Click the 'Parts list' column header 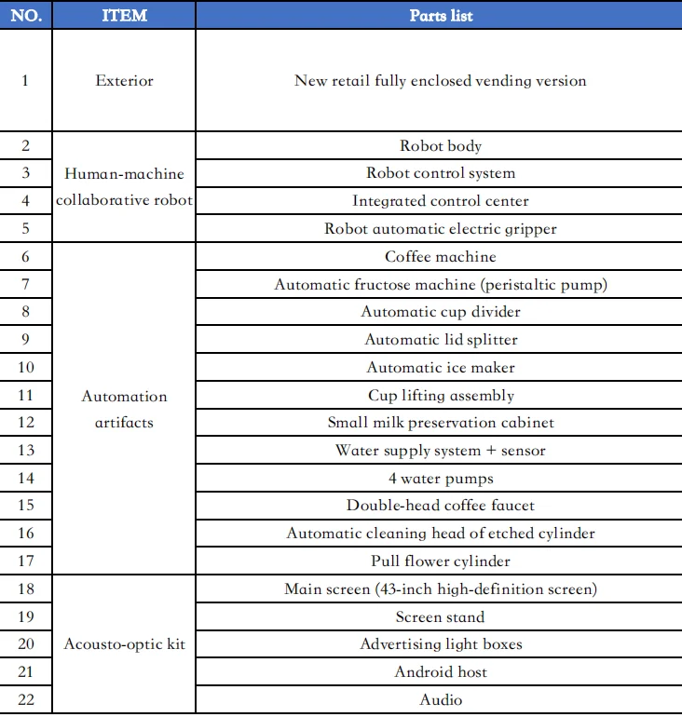441,16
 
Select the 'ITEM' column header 124,16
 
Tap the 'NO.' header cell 25,16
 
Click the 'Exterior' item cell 124,81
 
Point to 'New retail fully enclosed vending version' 441,81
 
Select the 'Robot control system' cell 441,173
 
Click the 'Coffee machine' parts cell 441,257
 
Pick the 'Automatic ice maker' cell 441,368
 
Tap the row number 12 25,423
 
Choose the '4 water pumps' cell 441,479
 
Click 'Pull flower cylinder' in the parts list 441,561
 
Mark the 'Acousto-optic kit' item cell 124,644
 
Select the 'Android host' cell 441,672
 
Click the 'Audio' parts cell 441,699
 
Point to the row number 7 25,285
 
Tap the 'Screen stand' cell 441,617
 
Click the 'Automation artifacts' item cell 124,410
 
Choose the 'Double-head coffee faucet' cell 441,506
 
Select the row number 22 25,699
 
